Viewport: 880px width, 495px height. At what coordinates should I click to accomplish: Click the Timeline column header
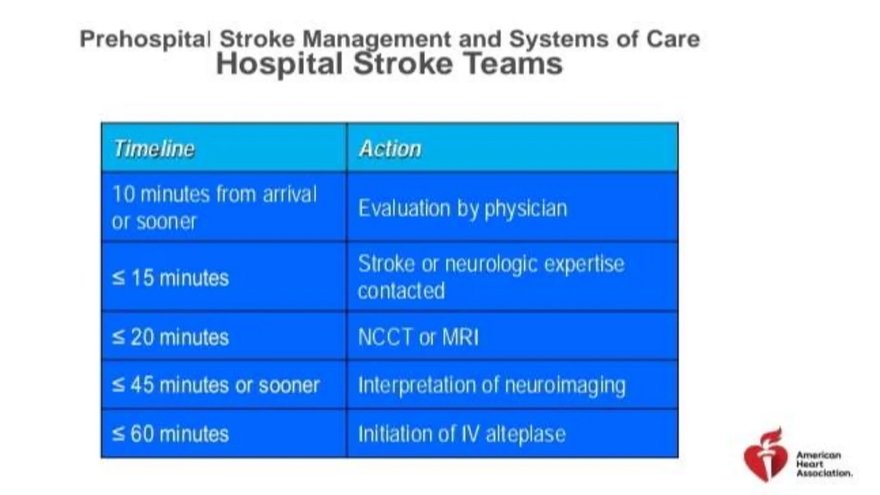[x=153, y=149]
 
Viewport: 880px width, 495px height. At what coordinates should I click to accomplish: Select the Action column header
[x=390, y=149]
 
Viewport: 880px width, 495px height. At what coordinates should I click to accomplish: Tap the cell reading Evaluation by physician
[x=462, y=208]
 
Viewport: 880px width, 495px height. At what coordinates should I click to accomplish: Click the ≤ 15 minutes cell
[x=170, y=278]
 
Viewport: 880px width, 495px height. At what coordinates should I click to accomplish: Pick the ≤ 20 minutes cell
[x=170, y=337]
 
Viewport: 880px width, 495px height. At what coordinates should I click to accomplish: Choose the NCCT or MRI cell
[x=418, y=337]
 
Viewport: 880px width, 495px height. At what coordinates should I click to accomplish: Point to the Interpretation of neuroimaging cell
[x=492, y=385]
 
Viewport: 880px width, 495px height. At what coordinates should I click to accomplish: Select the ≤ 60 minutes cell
[x=170, y=434]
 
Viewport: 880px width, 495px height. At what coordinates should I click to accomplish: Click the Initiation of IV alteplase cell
[x=461, y=434]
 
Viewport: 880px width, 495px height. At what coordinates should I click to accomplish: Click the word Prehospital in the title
[x=145, y=39]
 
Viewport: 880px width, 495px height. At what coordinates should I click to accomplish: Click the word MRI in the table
[x=460, y=337]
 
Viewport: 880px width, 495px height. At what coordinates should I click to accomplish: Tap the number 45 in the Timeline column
[x=142, y=385]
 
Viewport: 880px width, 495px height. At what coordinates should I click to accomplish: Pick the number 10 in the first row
[x=124, y=194]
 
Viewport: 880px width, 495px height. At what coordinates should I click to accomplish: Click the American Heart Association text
[x=823, y=464]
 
